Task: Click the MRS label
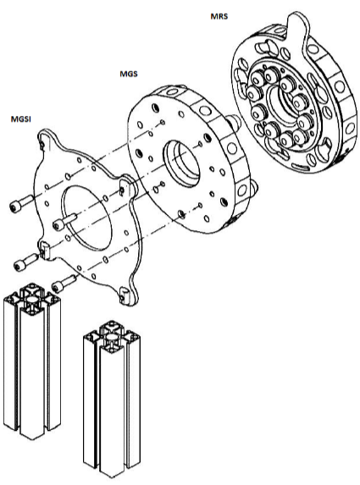click(219, 16)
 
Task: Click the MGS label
click(129, 74)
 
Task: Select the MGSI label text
click(21, 119)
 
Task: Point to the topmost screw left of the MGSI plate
click(21, 202)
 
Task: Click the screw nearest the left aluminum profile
click(64, 283)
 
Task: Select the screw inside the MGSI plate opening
click(64, 221)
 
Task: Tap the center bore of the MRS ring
click(283, 107)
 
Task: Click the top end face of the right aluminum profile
click(112, 338)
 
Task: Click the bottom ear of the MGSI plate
click(128, 295)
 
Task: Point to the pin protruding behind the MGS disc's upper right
click(235, 121)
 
